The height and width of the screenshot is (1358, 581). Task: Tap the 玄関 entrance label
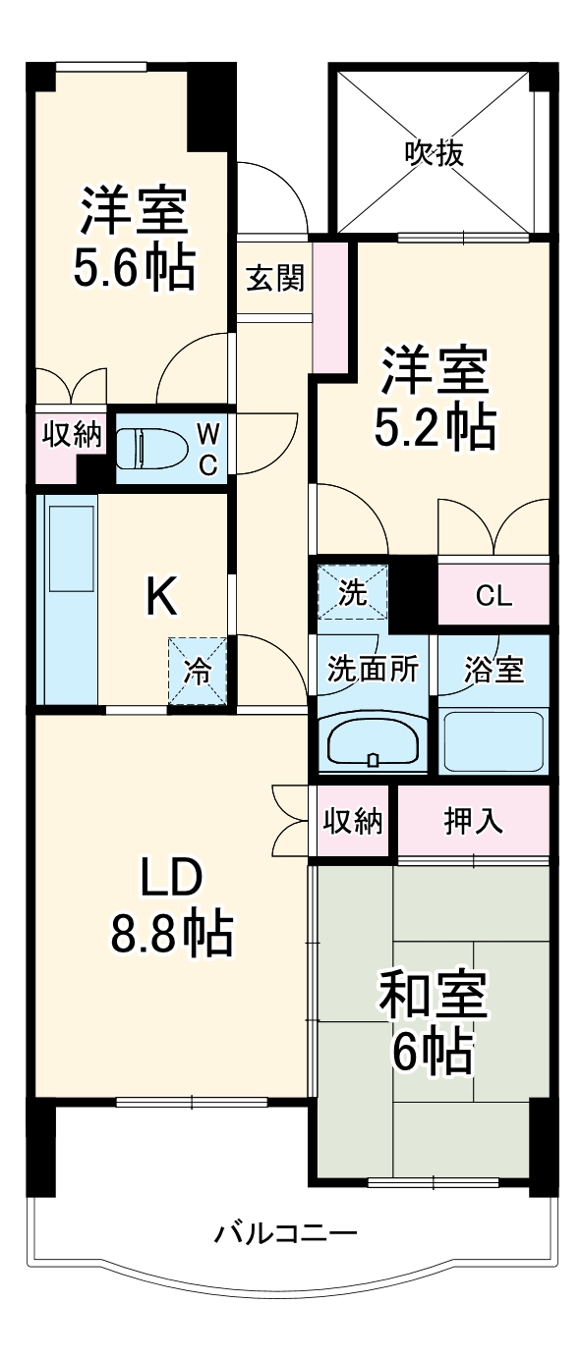click(x=274, y=279)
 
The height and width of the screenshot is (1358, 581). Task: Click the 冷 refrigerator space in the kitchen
click(x=197, y=672)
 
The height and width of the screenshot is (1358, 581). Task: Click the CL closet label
click(x=493, y=595)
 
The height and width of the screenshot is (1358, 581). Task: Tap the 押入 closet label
click(x=474, y=821)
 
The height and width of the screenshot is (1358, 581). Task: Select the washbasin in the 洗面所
click(x=371, y=741)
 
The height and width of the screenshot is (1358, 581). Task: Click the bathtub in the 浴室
click(x=493, y=740)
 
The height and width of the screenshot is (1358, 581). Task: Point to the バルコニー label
click(x=286, y=1231)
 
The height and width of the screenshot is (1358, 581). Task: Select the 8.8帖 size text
click(x=171, y=933)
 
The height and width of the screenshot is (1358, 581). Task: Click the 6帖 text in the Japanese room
click(x=433, y=1053)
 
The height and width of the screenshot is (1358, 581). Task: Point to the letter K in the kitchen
click(x=161, y=596)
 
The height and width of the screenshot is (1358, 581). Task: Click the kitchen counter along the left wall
click(x=68, y=599)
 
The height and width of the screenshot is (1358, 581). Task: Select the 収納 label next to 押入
click(x=353, y=821)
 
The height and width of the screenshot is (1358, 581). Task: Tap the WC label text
click(x=207, y=449)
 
